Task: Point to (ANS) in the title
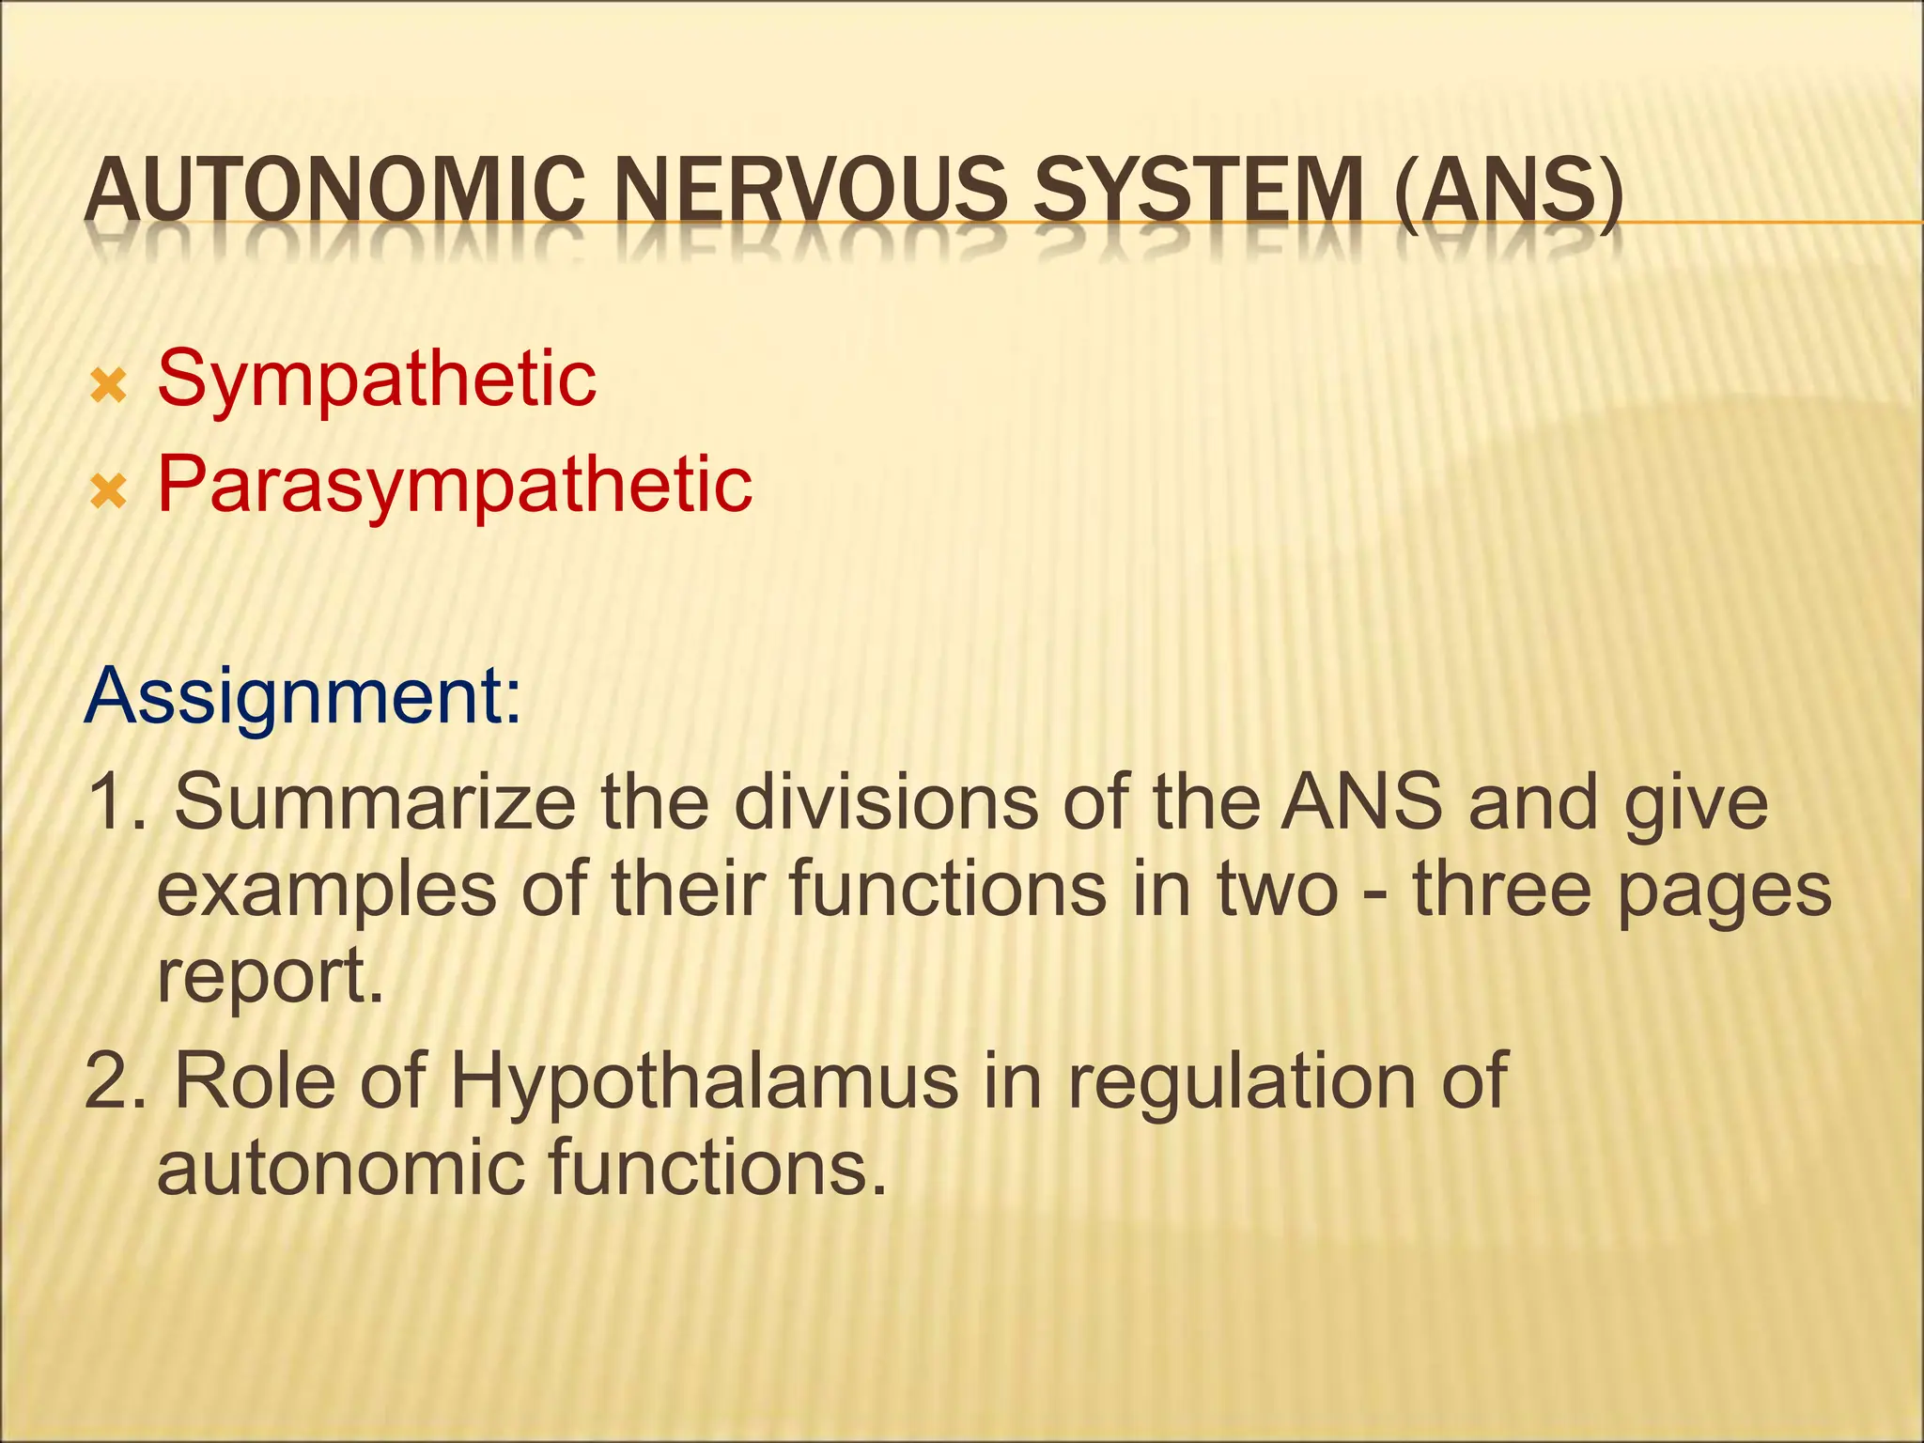click(1509, 193)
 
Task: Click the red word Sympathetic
click(376, 381)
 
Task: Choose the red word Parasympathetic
click(455, 487)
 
